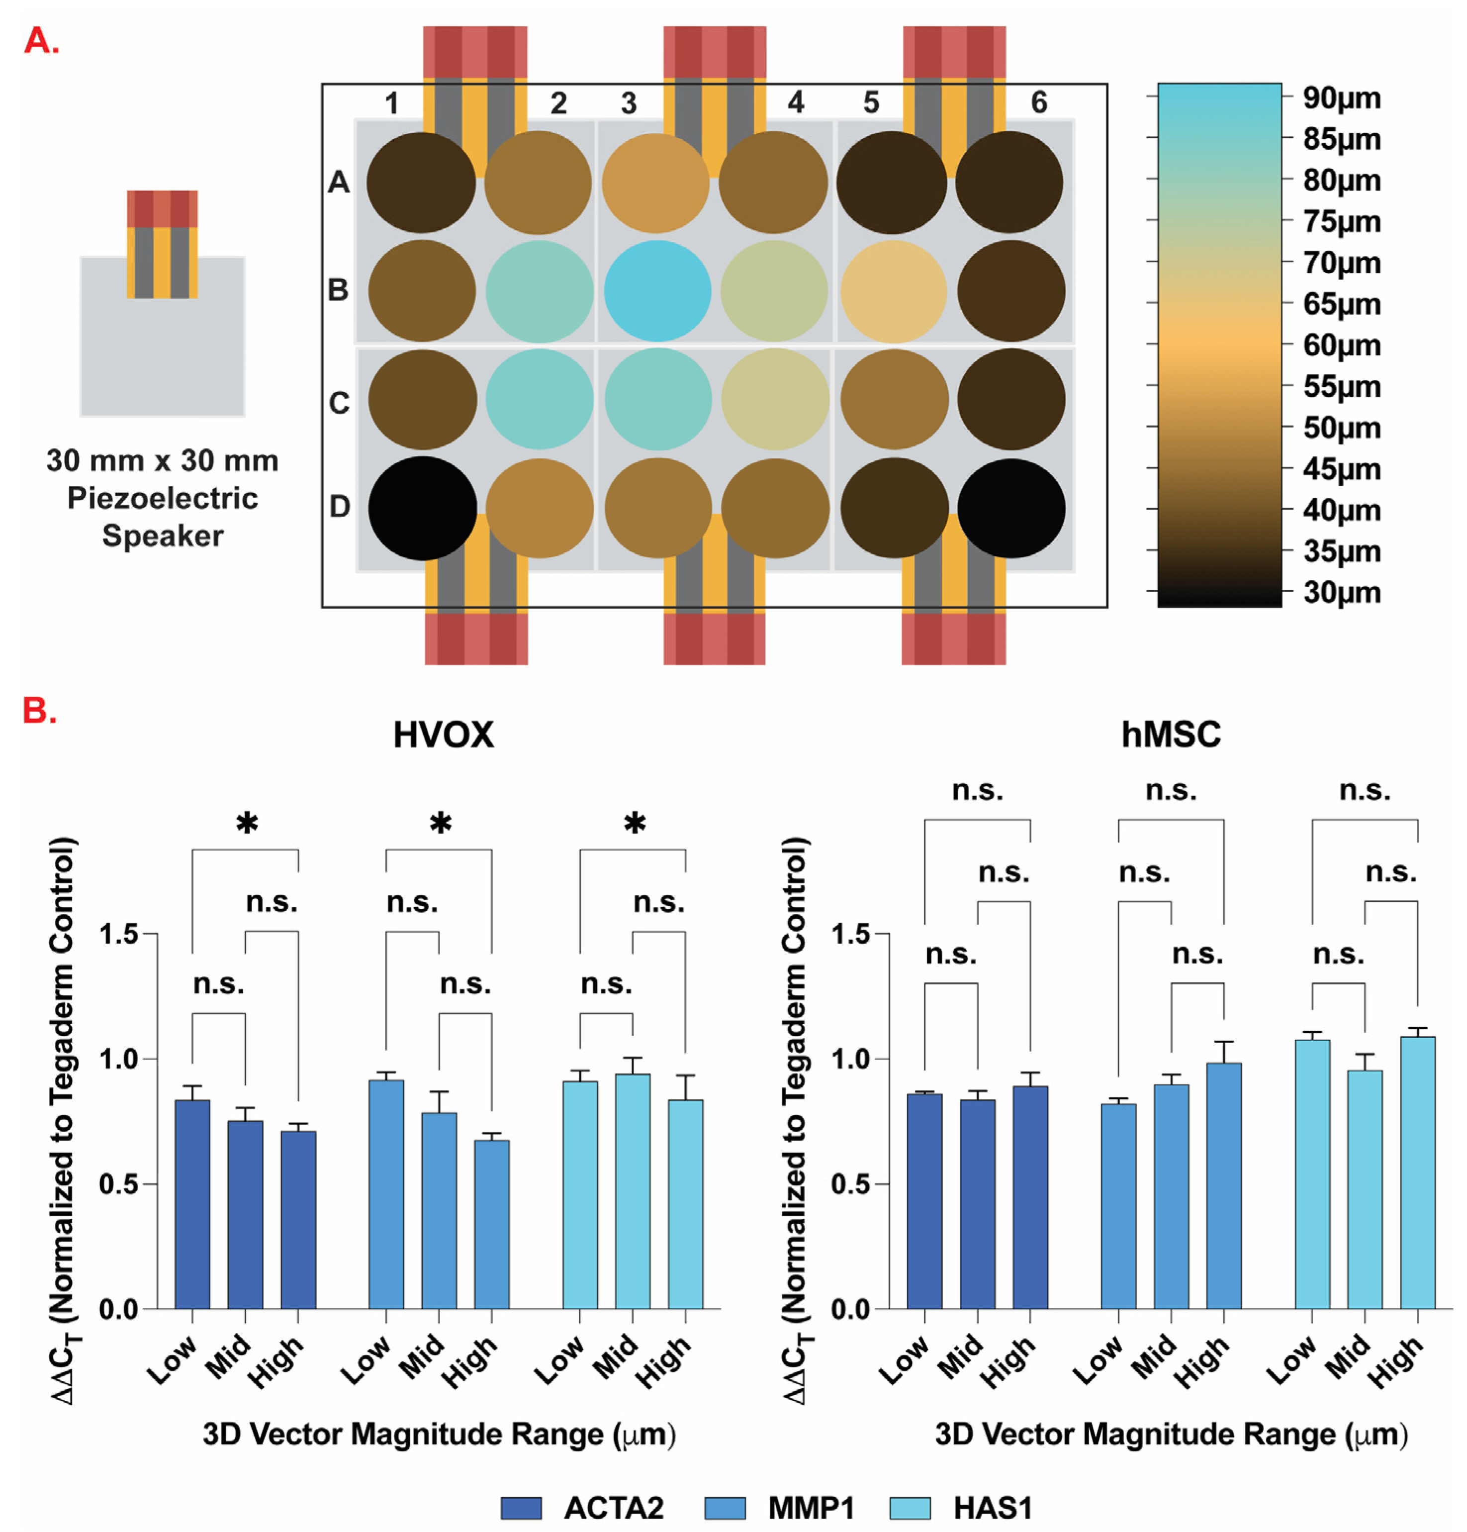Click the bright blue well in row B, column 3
656,291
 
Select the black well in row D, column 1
422,508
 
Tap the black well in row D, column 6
1010,508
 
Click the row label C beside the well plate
339,403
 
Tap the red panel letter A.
41,41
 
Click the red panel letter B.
39,711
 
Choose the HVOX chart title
443,735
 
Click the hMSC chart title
1170,735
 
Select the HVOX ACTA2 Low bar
192,1204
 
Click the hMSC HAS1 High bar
1417,1172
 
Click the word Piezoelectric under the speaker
163,498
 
